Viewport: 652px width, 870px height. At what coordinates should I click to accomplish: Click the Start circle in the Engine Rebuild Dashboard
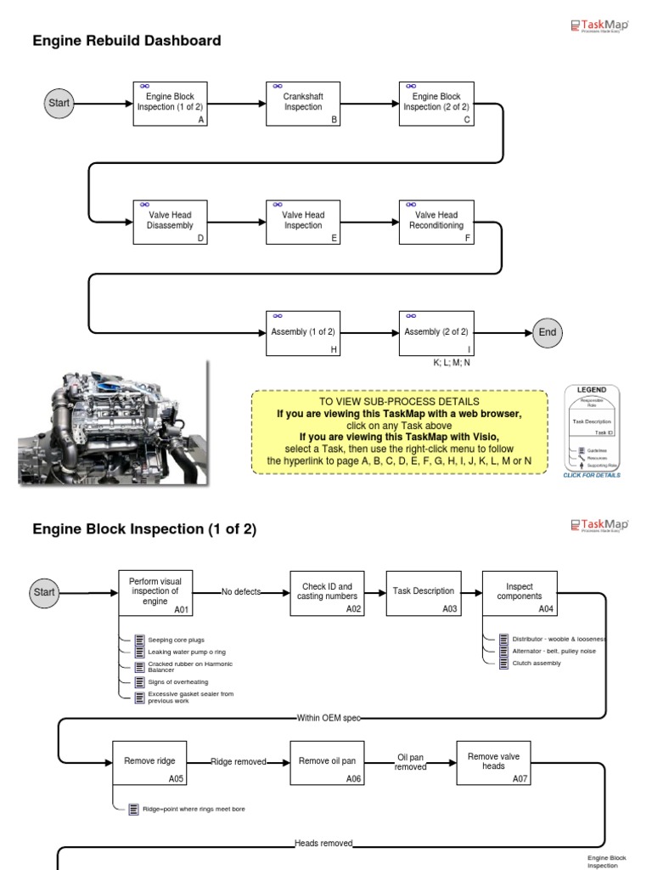[x=59, y=104]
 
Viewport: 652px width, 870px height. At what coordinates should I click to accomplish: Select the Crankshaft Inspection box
[x=303, y=104]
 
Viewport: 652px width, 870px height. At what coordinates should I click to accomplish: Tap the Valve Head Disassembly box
[x=171, y=222]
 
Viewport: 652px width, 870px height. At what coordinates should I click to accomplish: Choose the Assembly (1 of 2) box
[x=303, y=332]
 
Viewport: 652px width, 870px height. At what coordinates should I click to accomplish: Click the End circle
[x=548, y=332]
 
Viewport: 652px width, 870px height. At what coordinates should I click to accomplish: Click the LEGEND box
[x=592, y=427]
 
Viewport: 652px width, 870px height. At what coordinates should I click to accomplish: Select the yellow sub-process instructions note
[x=400, y=432]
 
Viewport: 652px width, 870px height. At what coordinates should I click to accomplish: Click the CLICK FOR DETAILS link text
[x=592, y=476]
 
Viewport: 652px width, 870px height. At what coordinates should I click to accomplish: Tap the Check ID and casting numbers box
[x=327, y=592]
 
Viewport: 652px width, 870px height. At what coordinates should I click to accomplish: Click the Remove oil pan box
[x=327, y=762]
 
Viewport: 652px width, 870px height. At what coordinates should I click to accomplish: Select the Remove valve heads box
[x=494, y=762]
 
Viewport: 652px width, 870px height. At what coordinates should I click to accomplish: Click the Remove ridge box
[x=149, y=762]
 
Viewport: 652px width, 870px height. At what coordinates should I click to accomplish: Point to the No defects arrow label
[x=241, y=592]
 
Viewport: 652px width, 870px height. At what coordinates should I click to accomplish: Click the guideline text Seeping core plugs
[x=176, y=640]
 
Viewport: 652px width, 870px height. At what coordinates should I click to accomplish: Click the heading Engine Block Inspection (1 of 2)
[x=144, y=529]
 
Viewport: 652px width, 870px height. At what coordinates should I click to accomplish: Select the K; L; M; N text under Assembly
[x=452, y=362]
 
